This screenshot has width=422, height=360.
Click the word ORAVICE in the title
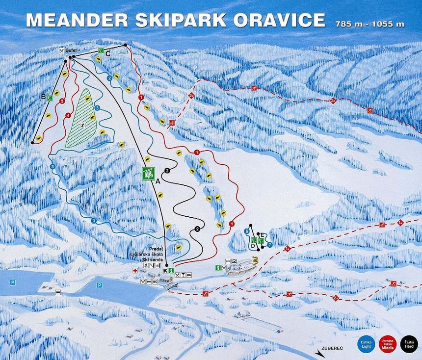coord(279,20)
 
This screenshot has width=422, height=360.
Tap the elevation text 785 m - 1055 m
coord(369,24)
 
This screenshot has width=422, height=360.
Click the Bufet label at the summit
coord(72,51)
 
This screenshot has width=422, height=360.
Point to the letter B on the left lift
coord(43,97)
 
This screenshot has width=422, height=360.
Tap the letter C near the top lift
coord(108,54)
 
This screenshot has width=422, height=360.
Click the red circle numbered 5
coord(61,101)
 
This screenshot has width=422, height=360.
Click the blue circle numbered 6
coord(246,231)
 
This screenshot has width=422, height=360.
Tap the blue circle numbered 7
coord(269,245)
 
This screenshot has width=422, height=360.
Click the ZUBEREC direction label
coord(331,349)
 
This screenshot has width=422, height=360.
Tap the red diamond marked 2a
coord(336,298)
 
